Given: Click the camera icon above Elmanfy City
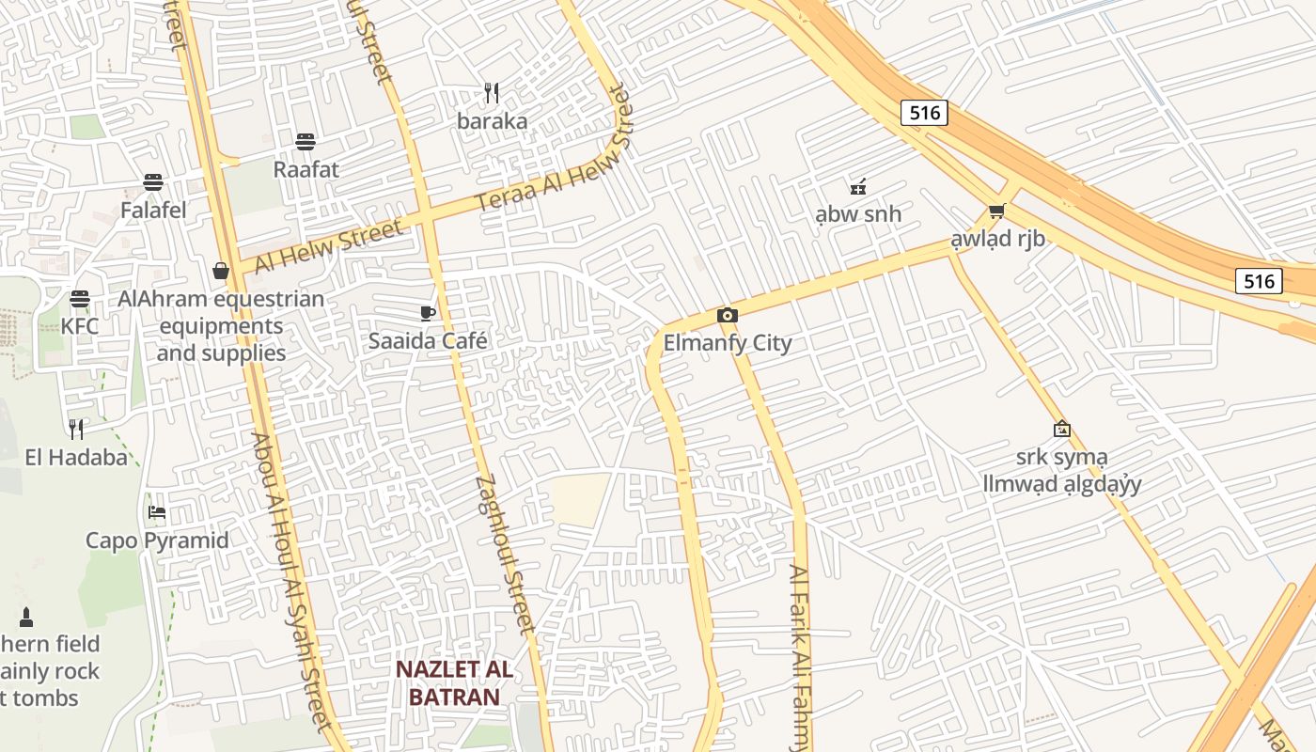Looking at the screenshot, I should [727, 316].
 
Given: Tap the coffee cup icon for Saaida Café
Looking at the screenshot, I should [428, 313].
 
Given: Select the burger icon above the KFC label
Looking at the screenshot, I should [80, 299].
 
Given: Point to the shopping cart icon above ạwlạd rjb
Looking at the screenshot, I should [996, 211].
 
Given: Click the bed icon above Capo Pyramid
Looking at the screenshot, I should [157, 512].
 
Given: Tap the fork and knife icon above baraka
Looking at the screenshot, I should [492, 93].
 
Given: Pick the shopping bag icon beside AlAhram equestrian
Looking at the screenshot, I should [221, 271].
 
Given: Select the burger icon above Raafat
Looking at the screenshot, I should [305, 142].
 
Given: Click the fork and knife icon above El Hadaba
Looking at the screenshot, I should [76, 430].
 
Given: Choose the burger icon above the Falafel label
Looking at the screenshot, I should [153, 182].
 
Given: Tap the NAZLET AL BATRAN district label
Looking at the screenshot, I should [454, 683].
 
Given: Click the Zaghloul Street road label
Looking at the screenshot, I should [506, 554].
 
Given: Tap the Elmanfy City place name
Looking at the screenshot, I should [728, 343].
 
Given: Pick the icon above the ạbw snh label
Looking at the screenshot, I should [857, 186].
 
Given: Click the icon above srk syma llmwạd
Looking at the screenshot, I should [1061, 429].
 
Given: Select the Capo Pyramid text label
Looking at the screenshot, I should [157, 540].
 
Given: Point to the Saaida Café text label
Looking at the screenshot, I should [428, 340].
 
